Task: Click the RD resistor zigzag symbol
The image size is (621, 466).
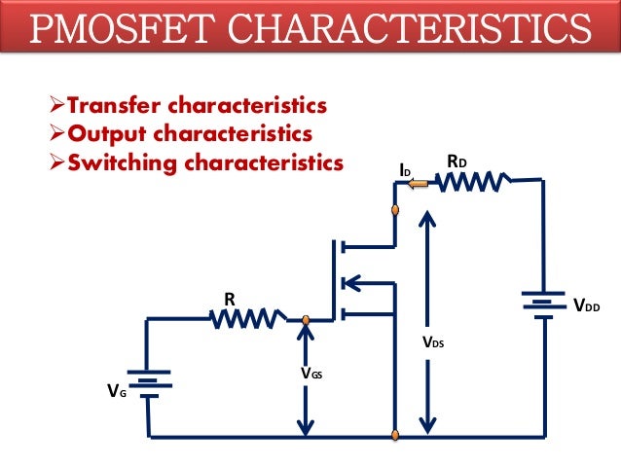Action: click(473, 181)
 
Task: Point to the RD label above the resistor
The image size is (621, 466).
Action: click(457, 159)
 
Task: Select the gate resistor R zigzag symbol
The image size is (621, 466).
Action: click(249, 318)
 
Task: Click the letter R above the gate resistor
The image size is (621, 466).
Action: click(230, 301)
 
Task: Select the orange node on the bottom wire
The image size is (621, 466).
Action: click(395, 433)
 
